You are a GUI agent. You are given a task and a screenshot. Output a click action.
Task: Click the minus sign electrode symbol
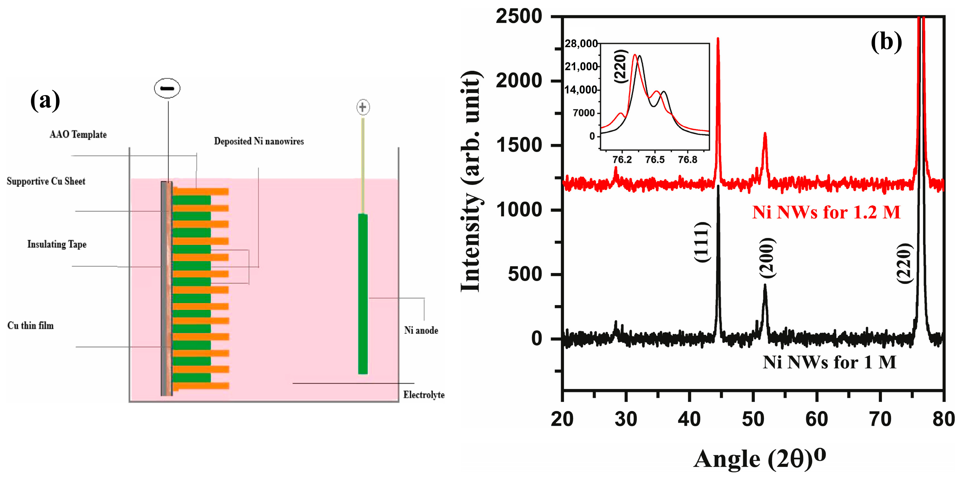pyautogui.click(x=167, y=88)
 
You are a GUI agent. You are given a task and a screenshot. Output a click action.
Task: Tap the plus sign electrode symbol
pyautogui.click(x=363, y=107)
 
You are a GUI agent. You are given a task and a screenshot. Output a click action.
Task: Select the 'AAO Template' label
pyautogui.click(x=78, y=134)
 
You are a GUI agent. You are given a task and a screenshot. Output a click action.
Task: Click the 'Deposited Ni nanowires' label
pyautogui.click(x=259, y=141)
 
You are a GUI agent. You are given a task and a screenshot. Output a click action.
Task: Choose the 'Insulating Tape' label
pyautogui.click(x=57, y=244)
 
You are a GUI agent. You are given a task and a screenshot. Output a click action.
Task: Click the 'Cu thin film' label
pyautogui.click(x=31, y=326)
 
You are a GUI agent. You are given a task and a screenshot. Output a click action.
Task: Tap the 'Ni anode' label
pyautogui.click(x=421, y=331)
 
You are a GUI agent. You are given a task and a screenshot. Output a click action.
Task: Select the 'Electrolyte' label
pyautogui.click(x=424, y=395)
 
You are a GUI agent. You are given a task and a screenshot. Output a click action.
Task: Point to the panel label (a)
pyautogui.click(x=45, y=101)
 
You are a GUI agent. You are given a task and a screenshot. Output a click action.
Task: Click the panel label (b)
pyautogui.click(x=886, y=42)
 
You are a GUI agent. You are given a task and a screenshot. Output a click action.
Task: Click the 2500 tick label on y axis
pyautogui.click(x=518, y=17)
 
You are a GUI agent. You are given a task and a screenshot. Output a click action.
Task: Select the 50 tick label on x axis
pyautogui.click(x=753, y=419)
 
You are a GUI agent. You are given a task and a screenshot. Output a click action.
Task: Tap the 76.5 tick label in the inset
pyautogui.click(x=655, y=160)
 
